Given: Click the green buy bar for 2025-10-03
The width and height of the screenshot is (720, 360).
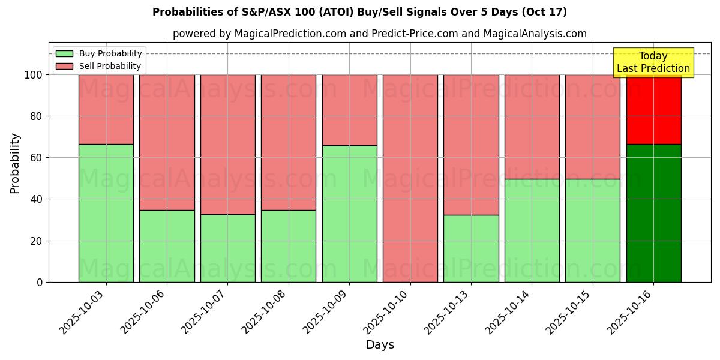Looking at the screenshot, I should point(106,213).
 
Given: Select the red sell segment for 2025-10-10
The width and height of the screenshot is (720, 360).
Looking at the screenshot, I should point(410,178).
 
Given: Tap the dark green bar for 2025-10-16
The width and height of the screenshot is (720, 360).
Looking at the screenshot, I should point(653,213).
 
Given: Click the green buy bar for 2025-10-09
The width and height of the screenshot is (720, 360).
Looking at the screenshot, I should point(349,214).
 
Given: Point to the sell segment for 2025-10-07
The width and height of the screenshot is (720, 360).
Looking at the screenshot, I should point(227,144).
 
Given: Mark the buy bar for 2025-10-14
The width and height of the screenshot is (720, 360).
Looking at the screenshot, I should point(532,230).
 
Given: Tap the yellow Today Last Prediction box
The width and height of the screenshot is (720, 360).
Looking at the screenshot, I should point(653,62).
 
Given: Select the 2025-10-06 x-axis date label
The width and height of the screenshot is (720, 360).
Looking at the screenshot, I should point(145,311).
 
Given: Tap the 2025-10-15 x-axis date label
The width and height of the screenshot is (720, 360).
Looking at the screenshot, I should point(570,311).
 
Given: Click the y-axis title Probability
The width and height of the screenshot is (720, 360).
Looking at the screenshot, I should point(15,163).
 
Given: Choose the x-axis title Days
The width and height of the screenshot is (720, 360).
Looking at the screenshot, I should point(380,344).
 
